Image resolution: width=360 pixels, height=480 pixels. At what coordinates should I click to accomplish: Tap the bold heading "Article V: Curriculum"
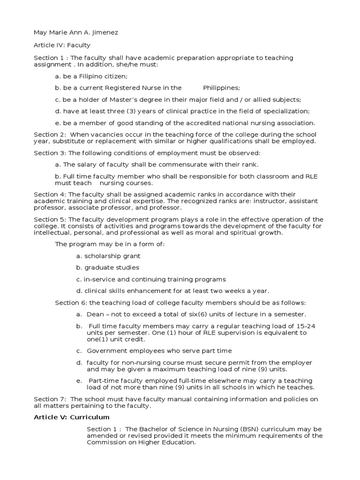(71, 417)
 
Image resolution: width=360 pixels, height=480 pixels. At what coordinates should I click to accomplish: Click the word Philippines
(221, 88)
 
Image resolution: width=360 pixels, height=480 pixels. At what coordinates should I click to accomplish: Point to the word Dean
(95, 315)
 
